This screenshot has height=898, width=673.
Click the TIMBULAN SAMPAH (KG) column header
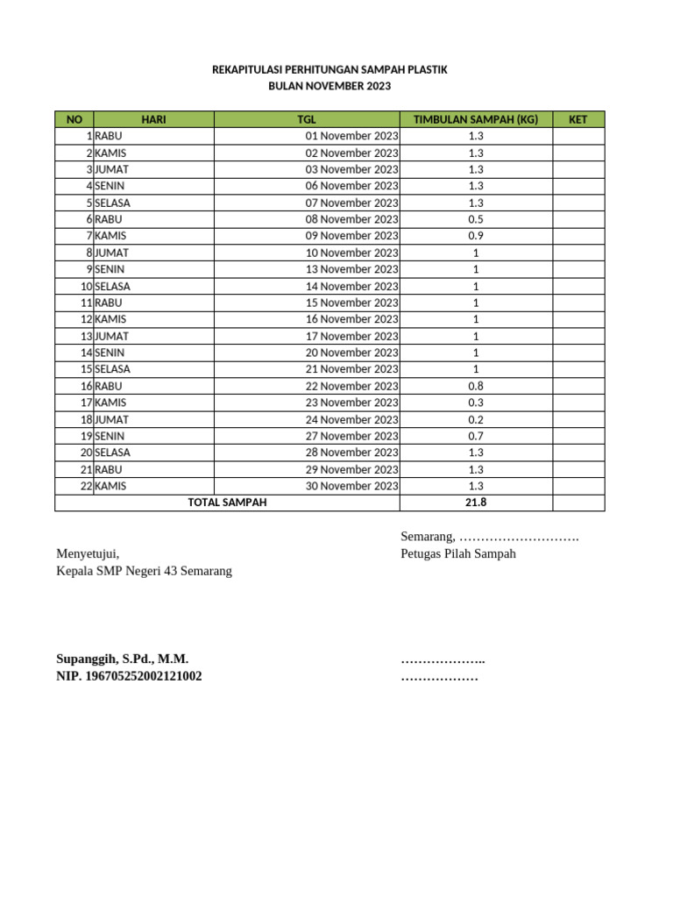476,119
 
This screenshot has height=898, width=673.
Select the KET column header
577,119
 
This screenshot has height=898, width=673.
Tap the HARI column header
153,119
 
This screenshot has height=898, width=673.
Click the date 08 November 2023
351,219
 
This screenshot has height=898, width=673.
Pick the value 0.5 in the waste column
476,219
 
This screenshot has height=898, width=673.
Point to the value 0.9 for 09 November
476,236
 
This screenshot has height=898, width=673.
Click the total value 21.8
476,502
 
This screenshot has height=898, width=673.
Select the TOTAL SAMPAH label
227,502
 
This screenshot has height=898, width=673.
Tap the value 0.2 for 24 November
476,419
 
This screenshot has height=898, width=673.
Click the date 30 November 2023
351,486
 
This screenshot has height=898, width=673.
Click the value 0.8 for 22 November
476,386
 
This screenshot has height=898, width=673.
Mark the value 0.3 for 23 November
476,403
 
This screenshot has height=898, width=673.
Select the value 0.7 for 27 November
476,436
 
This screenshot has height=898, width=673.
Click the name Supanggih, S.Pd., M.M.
123,659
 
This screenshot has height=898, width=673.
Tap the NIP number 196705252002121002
129,676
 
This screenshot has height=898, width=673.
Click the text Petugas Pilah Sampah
458,553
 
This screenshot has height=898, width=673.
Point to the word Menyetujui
88,553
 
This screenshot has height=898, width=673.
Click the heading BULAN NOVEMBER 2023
329,86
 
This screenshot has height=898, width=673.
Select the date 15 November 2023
351,303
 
